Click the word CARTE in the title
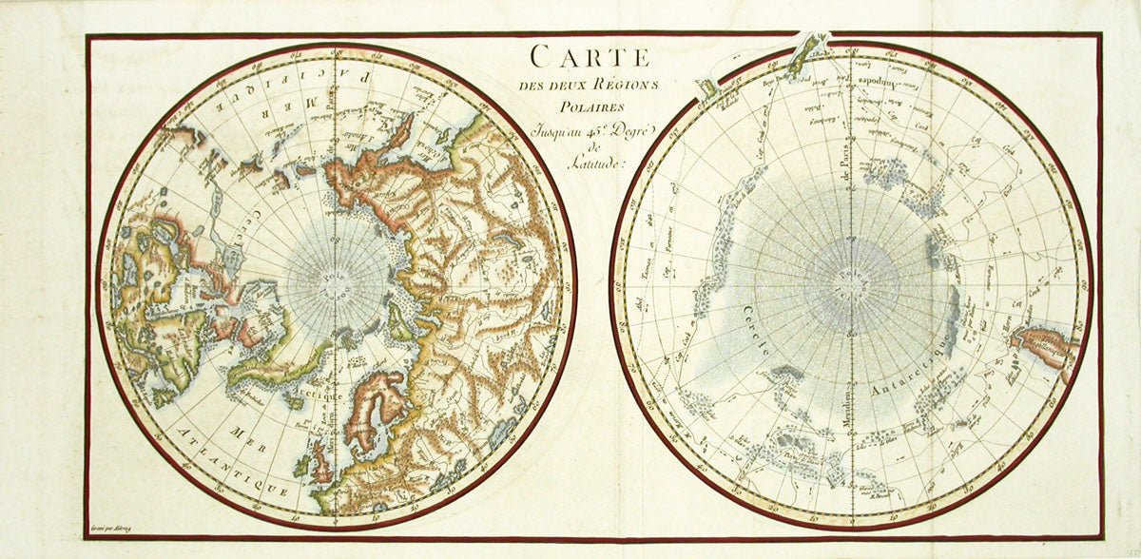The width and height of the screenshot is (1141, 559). [x=590, y=57]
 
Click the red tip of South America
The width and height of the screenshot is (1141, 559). [x=1041, y=342]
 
